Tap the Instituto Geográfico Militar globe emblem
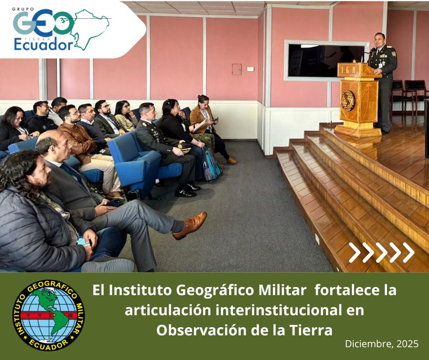[x=48, y=315]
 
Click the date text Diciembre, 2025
[x=382, y=344]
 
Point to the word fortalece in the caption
[x=344, y=290]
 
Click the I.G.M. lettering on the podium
[x=350, y=70]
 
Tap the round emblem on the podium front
[x=347, y=101]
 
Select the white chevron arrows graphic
[x=382, y=252]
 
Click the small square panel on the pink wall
[x=237, y=69]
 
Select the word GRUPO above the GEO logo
[x=23, y=9]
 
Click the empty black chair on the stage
[x=415, y=96]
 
